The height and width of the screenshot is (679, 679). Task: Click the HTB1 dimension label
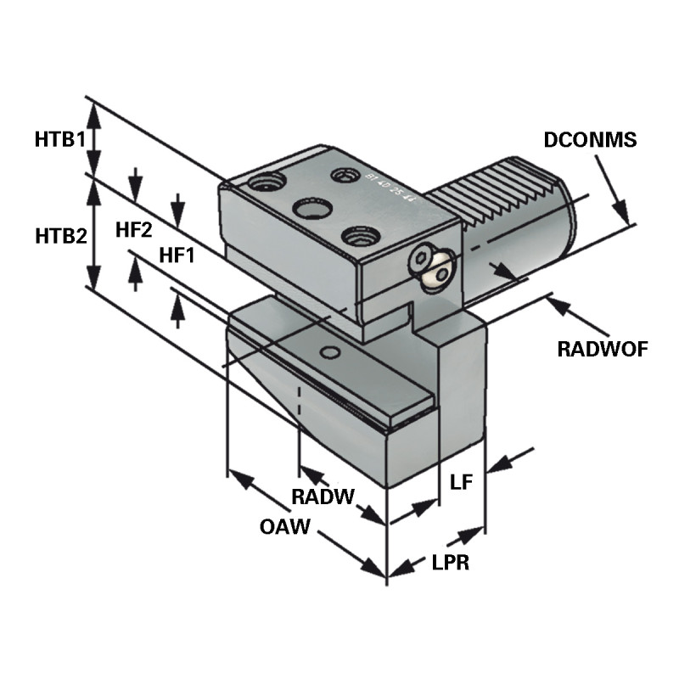click(x=59, y=138)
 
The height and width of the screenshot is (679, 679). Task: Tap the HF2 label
click(x=133, y=229)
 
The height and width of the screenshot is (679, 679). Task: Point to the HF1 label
click(x=177, y=255)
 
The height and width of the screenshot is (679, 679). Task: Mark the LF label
click(x=461, y=483)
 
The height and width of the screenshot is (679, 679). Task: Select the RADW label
click(x=322, y=496)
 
